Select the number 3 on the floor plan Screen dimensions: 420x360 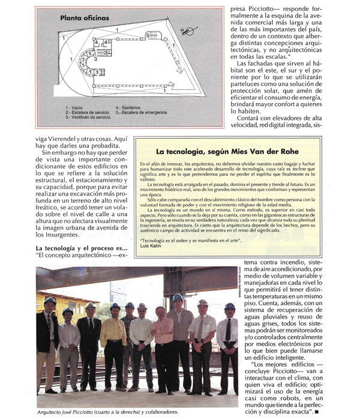pos(95,59)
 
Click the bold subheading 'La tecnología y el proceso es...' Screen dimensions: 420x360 pos(82,248)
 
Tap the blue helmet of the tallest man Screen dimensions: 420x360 pos(179,297)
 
